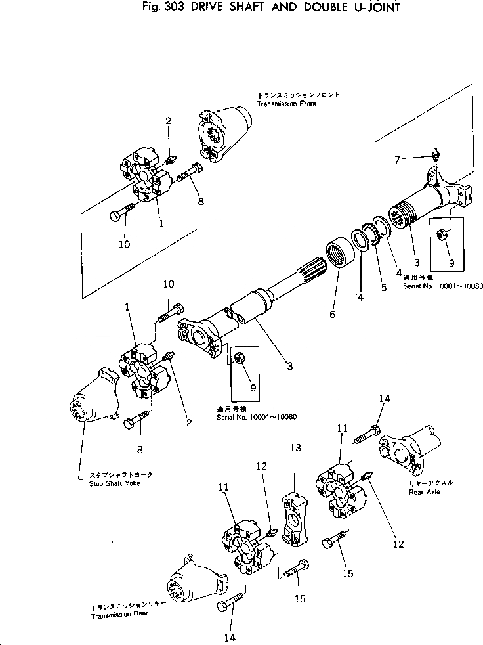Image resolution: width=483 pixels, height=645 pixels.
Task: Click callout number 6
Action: (332, 314)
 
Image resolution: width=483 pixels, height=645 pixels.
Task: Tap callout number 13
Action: (296, 447)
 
